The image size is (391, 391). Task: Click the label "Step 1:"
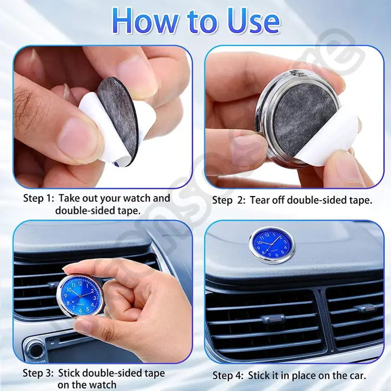[x=39, y=199]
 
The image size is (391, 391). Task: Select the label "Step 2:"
[x=229, y=200]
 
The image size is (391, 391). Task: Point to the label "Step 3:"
[x=38, y=373]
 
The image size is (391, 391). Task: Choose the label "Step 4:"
[x=228, y=375]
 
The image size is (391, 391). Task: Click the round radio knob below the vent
[x=35, y=350]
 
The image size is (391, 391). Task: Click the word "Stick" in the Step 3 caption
[x=69, y=373]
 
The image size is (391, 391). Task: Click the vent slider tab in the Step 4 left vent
[x=273, y=319]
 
